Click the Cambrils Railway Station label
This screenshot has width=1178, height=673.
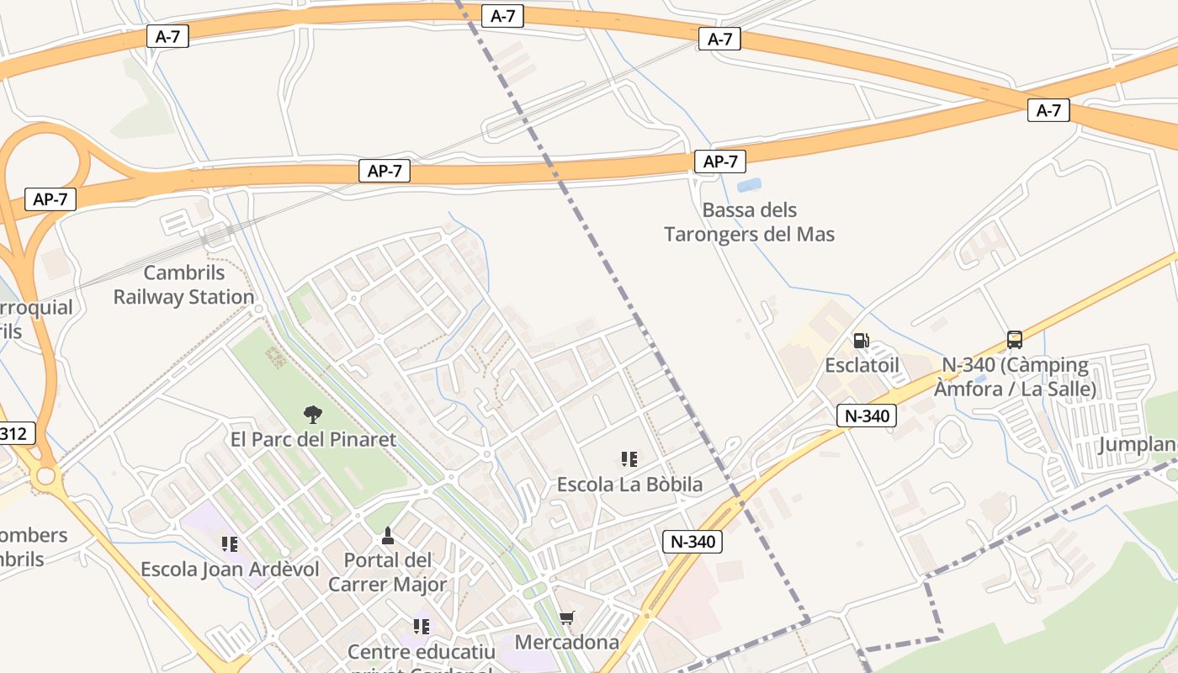[x=184, y=285]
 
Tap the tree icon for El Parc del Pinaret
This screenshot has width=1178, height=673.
[x=312, y=414]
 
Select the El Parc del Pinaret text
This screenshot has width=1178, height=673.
[x=313, y=439]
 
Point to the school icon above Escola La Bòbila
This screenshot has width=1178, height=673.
[x=629, y=459]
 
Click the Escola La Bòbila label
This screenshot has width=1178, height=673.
[x=629, y=485]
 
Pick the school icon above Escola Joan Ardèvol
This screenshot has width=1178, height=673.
[x=230, y=544]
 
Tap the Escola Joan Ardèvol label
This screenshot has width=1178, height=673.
[x=230, y=570]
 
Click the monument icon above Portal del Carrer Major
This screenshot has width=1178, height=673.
[x=388, y=535]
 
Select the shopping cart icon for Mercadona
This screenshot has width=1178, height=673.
[x=567, y=618]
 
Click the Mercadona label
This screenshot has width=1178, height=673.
[x=567, y=643]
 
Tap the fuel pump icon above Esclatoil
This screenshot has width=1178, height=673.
[x=862, y=341]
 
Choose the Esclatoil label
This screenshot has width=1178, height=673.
[x=862, y=365]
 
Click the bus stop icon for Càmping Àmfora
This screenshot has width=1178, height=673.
[x=1015, y=340]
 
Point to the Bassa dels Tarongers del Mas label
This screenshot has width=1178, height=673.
[x=749, y=222]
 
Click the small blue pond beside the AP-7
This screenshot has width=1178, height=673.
[x=749, y=184]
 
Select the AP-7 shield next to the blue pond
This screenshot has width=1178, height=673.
[x=720, y=162]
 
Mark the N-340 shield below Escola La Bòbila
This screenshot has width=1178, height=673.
[x=693, y=542]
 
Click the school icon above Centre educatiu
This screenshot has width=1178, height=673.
[x=422, y=627]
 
